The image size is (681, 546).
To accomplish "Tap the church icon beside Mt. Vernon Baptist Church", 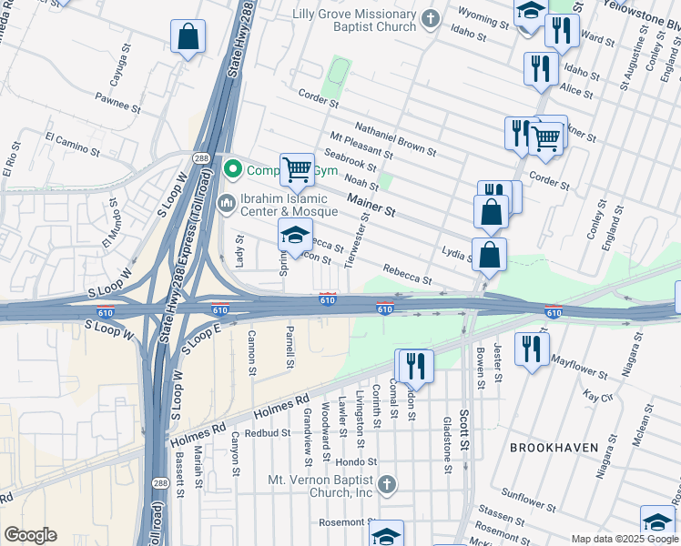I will point(388,483).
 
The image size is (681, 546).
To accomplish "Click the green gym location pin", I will point(233,170).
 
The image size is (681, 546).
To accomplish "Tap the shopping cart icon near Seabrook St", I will point(297,168).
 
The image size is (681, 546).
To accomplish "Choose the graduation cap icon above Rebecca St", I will point(295,235).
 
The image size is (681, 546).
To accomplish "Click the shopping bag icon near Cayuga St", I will point(188,37).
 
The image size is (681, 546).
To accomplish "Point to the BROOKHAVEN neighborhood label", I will point(553,448).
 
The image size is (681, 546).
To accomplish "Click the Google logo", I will point(30,535).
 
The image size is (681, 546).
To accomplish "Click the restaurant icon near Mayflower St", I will point(532,349).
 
